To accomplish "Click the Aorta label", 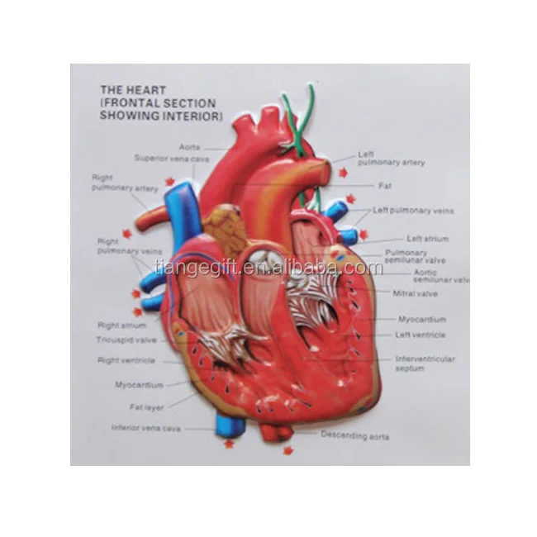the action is click(190, 146).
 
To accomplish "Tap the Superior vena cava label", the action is click(172, 157).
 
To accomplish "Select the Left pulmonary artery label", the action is click(391, 159).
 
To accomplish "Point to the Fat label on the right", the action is click(384, 186).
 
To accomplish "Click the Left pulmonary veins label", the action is click(412, 211).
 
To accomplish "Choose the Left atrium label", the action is click(427, 239).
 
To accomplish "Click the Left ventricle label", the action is click(420, 335).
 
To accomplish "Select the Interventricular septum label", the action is click(424, 364).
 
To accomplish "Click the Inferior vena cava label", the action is click(147, 428).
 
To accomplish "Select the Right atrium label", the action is click(122, 326).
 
